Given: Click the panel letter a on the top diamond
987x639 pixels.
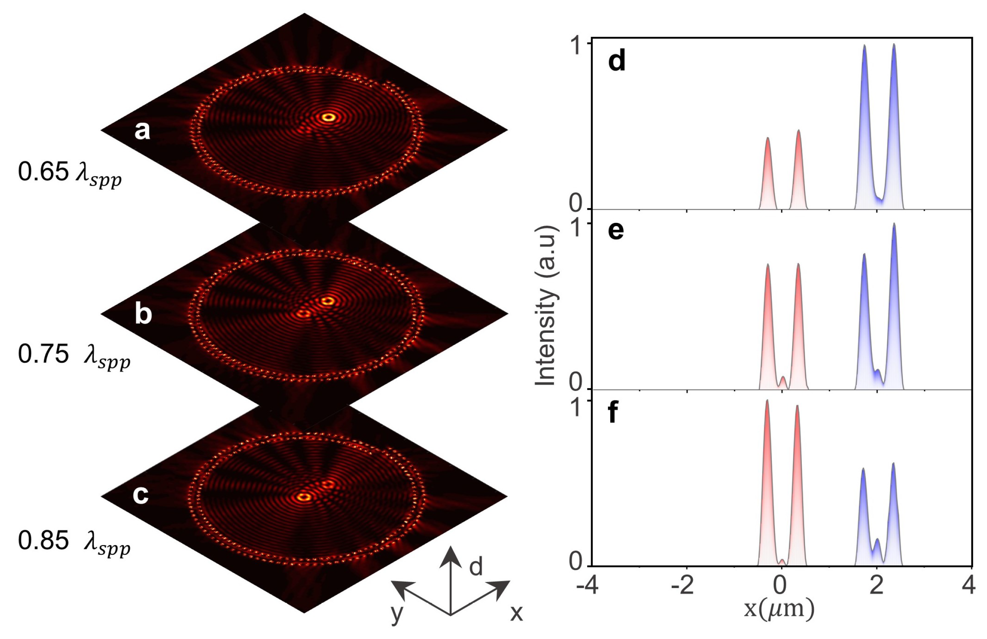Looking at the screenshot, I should point(142,131).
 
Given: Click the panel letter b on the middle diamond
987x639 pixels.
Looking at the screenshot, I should point(143,314).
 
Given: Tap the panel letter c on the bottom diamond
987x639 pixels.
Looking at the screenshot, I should point(141,495).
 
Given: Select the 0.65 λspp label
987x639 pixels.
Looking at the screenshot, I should point(70,173).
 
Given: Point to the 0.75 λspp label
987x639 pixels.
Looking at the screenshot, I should point(74,355).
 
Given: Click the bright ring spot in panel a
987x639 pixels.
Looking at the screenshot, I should point(329,117).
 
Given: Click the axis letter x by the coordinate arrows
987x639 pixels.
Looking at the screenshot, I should point(516,613).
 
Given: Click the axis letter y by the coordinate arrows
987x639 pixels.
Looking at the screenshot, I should point(397,613).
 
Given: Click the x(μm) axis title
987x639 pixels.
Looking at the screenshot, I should point(779,609).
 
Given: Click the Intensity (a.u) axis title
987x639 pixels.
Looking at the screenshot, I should point(545,306).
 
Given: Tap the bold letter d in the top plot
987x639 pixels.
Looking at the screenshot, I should point(617,61).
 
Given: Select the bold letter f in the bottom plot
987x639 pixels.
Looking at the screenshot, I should point(613,413).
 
